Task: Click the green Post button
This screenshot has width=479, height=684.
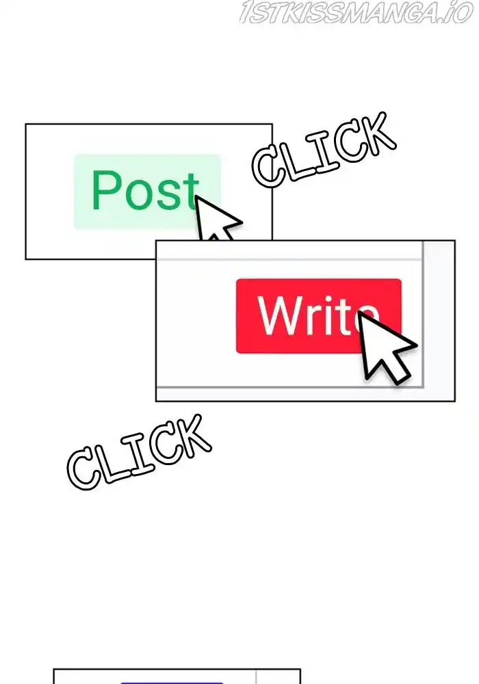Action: pyautogui.click(x=147, y=192)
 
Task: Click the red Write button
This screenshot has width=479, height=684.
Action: pyautogui.click(x=318, y=316)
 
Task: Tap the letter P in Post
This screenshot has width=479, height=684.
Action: pyautogui.click(x=106, y=189)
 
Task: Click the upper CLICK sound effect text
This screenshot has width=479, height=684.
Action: pyautogui.click(x=324, y=148)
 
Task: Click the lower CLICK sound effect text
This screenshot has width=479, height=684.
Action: pyautogui.click(x=139, y=451)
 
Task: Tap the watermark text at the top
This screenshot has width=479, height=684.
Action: pyautogui.click(x=356, y=12)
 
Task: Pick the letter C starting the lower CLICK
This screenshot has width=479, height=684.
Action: pyautogui.click(x=84, y=468)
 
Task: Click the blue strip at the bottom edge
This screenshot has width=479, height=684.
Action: pyautogui.click(x=172, y=682)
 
